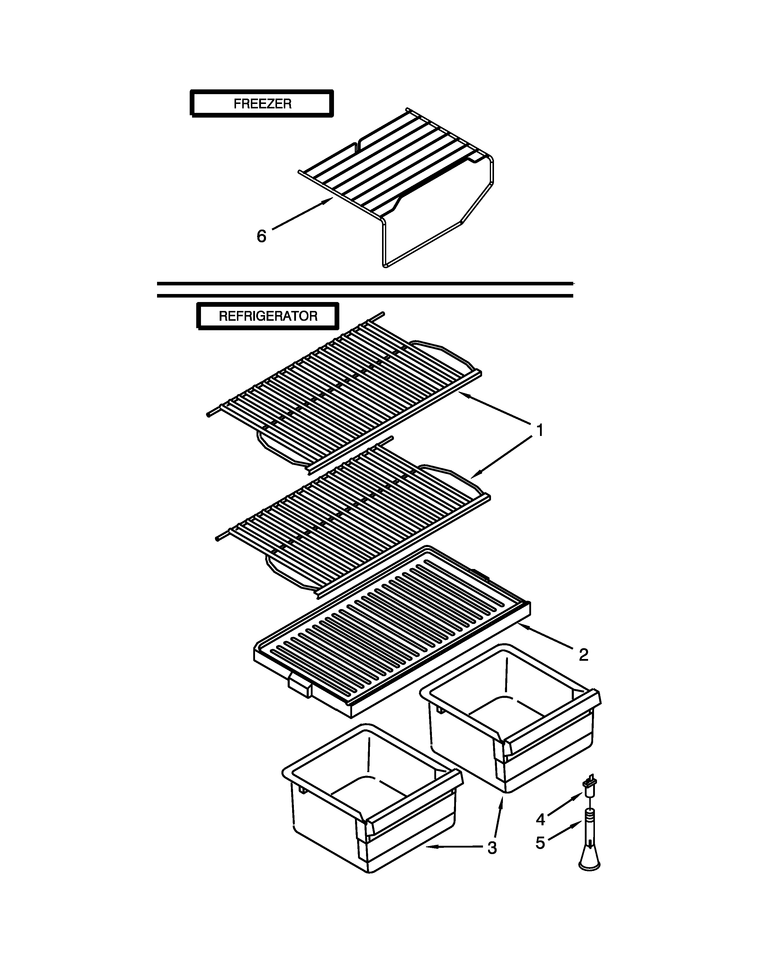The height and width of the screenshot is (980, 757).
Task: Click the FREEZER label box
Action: pyautogui.click(x=262, y=104)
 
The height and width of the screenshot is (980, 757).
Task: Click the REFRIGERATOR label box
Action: pyautogui.click(x=268, y=316)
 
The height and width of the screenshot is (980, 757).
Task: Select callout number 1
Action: pyautogui.click(x=540, y=430)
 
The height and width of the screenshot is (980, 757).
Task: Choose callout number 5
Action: pyautogui.click(x=540, y=843)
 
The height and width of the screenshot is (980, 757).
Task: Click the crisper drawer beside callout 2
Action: pyautogui.click(x=511, y=723)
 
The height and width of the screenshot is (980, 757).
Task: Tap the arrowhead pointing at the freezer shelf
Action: pyautogui.click(x=330, y=202)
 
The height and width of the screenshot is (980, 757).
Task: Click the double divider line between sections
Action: pyautogui.click(x=365, y=290)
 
